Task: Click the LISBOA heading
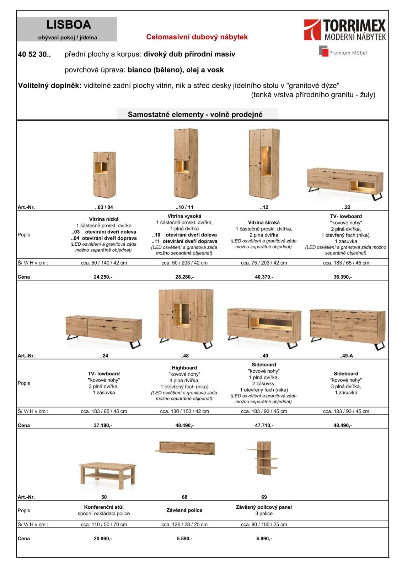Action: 69,25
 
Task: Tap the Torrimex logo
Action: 344,30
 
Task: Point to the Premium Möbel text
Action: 348,53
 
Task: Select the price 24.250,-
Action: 103,277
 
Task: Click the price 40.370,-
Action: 264,277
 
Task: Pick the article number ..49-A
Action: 346,356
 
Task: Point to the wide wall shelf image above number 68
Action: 186,448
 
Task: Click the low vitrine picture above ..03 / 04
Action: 104,175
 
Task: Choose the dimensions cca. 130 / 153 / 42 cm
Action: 184,411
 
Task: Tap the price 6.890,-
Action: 264,539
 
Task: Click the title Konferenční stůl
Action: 104,507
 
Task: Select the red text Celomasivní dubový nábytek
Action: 197,37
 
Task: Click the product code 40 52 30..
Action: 34,55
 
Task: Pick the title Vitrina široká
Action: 264,223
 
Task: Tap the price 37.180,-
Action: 103,425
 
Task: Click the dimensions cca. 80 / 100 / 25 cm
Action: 264,524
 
